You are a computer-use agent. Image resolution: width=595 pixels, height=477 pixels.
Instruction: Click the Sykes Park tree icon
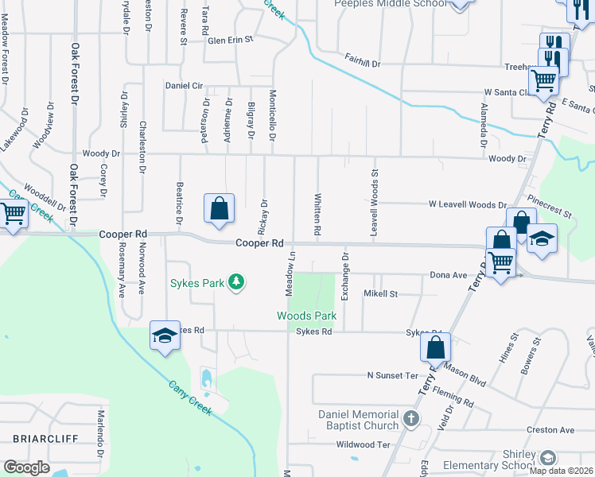[x=235, y=282]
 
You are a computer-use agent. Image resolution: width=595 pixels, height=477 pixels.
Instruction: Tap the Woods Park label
[x=306, y=316]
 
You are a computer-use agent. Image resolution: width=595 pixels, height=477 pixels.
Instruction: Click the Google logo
[x=27, y=467]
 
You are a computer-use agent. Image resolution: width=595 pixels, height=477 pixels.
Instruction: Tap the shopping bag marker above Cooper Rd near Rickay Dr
[x=220, y=209]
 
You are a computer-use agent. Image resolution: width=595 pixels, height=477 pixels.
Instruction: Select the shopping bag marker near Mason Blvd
[x=436, y=347]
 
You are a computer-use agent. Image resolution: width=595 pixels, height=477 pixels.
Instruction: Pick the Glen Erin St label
[x=230, y=39]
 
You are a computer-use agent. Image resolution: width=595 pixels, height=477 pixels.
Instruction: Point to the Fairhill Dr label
[x=363, y=59]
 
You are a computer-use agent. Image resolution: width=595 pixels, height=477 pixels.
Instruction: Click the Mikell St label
[x=380, y=293]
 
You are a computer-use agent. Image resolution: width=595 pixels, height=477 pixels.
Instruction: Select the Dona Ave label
[x=449, y=275]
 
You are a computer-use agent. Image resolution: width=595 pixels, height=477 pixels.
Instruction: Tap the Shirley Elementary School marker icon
[x=546, y=457]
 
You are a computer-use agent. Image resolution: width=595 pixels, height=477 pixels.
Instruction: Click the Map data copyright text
[x=561, y=471]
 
